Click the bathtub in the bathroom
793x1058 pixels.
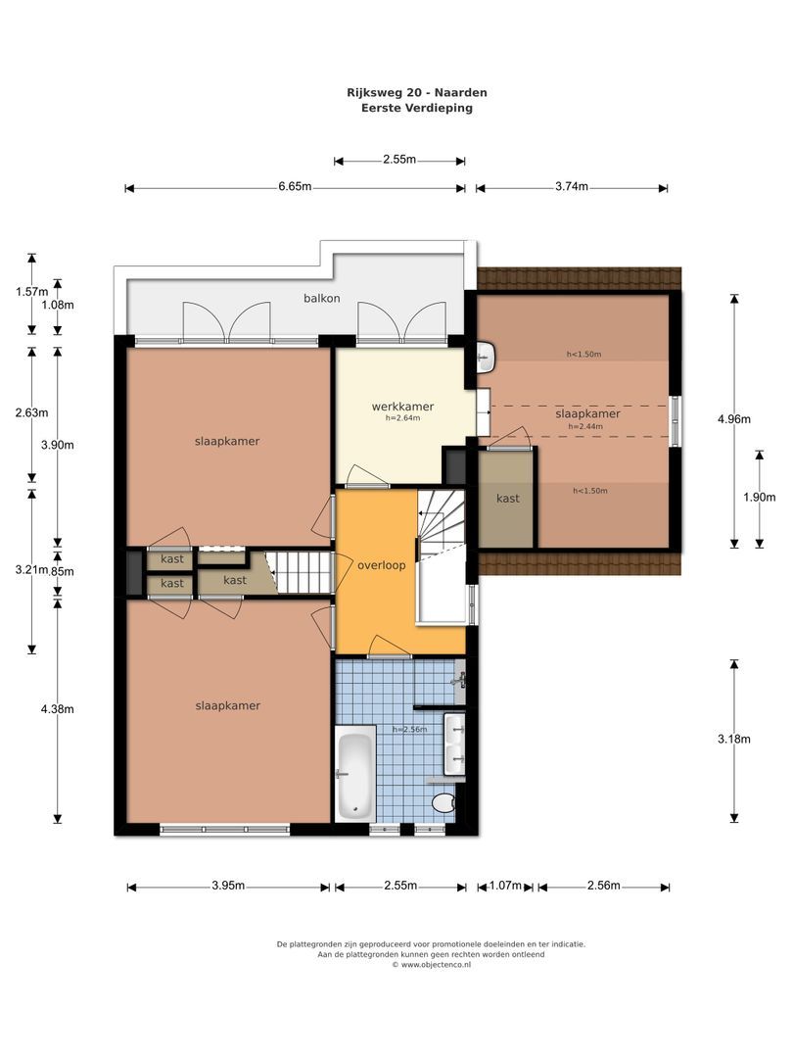tap(354, 774)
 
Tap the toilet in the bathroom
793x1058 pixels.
tap(444, 803)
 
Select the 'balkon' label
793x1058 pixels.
tap(321, 298)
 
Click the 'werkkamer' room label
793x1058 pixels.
tap(402, 407)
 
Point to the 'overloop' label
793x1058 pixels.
tap(382, 565)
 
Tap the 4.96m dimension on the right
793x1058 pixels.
tap(734, 419)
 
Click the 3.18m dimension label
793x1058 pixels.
tap(734, 740)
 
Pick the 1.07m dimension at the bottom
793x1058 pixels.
tap(505, 886)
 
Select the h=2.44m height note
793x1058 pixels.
tap(587, 426)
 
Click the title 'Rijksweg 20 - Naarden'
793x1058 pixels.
tap(417, 92)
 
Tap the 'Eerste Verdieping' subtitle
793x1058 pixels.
tap(417, 108)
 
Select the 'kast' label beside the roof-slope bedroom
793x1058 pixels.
tap(507, 499)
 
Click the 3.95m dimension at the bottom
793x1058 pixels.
tap(228, 886)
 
